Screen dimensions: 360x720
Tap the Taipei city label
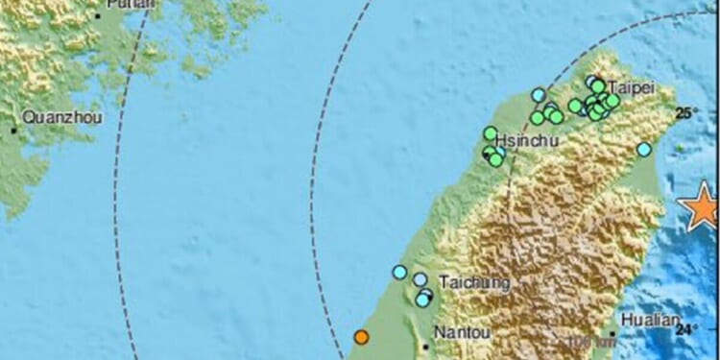point(632,87)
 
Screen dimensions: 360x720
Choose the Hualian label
point(651,321)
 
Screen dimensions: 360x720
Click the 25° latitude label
point(685,113)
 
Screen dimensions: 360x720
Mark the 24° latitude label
point(685,329)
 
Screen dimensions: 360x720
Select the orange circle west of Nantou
point(361,337)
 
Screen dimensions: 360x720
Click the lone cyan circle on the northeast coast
point(644,149)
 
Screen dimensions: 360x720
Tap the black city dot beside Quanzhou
point(13,130)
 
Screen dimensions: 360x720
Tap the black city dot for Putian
point(98,16)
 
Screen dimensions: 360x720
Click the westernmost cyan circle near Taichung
point(399,272)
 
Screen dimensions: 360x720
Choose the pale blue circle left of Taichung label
point(420,279)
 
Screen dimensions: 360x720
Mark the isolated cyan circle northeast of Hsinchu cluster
point(539,94)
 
